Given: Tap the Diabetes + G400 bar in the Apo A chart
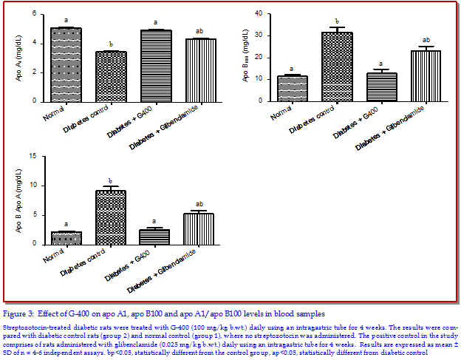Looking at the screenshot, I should point(156,66).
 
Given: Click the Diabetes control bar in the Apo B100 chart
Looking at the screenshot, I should point(336,67).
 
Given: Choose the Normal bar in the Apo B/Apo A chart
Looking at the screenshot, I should point(66,237).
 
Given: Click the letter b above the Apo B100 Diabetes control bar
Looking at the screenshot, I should point(336,21).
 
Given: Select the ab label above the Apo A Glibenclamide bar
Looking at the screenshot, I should point(200,31).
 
